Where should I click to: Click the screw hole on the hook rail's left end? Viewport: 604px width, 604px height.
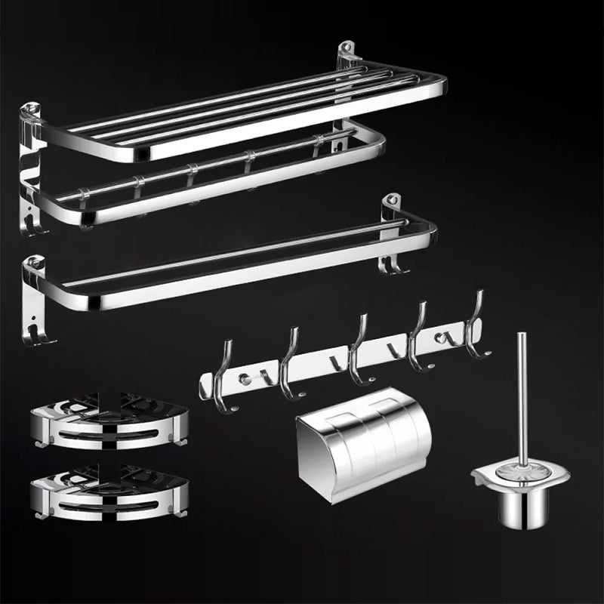(242, 377)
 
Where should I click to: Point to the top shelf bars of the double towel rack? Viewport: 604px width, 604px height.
(249, 106)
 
